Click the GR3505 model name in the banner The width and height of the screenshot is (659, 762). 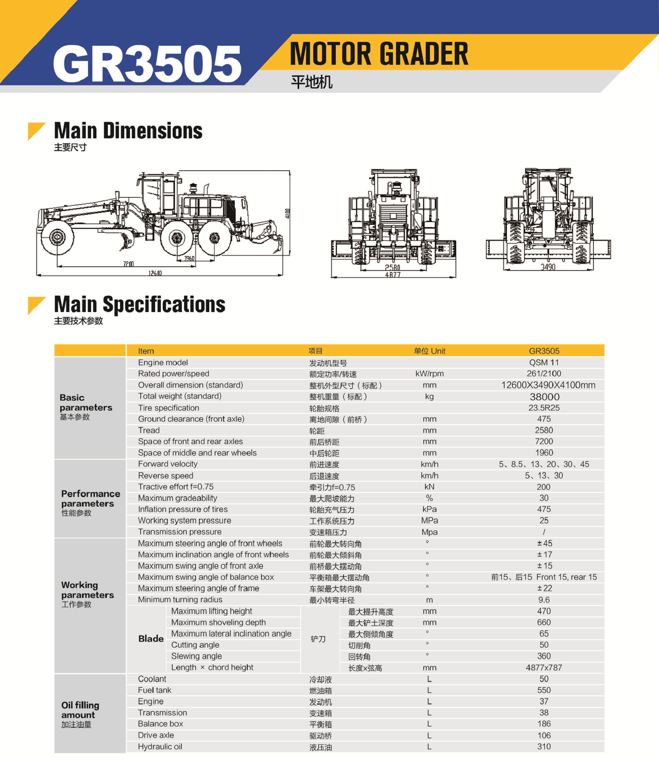tap(147, 63)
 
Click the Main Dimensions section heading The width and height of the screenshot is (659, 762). tap(128, 131)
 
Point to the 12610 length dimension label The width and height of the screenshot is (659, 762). tap(155, 273)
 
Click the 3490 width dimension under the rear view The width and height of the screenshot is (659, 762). tap(548, 267)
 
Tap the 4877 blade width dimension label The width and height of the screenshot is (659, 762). tap(393, 274)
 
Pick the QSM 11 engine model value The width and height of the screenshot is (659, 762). tap(544, 362)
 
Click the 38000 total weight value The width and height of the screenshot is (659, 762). tap(544, 397)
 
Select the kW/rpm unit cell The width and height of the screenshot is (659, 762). tap(430, 373)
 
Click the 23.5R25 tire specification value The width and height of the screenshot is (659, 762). tap(544, 408)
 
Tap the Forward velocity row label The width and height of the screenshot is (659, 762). tap(168, 464)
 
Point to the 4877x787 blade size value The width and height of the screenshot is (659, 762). tap(544, 668)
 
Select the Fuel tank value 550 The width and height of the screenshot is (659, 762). tap(544, 690)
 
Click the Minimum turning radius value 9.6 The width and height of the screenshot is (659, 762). tap(544, 600)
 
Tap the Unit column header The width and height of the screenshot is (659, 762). tap(430, 351)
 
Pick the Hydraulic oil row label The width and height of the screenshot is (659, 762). tap(160, 746)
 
